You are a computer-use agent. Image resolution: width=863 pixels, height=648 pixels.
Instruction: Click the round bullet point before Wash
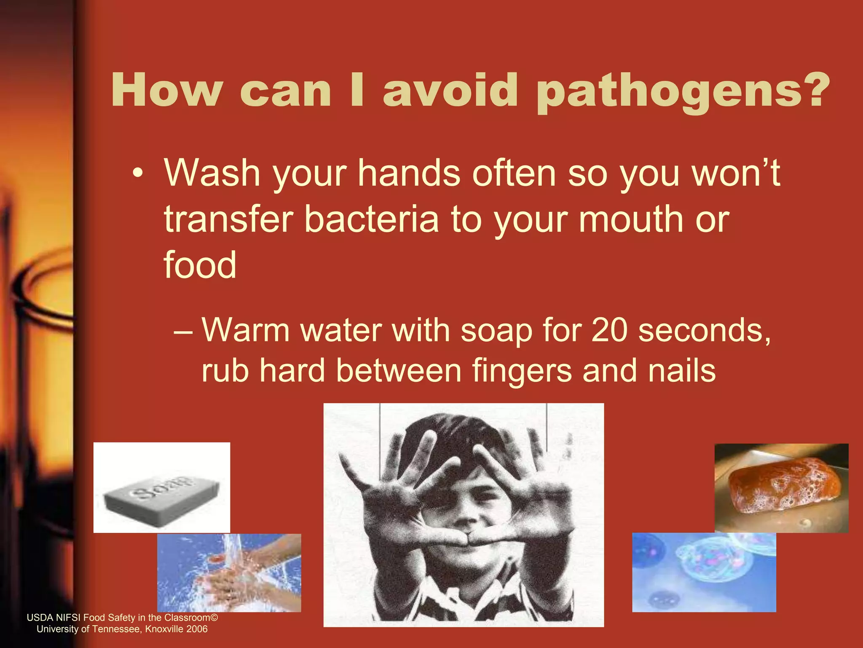[137, 174]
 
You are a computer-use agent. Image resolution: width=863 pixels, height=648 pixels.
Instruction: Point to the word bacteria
[371, 219]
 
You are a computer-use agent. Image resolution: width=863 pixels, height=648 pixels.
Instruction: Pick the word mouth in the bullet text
[630, 219]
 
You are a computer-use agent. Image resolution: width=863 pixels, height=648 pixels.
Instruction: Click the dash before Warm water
[183, 331]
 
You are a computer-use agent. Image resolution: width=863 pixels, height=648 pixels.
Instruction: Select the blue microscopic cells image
[704, 572]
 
